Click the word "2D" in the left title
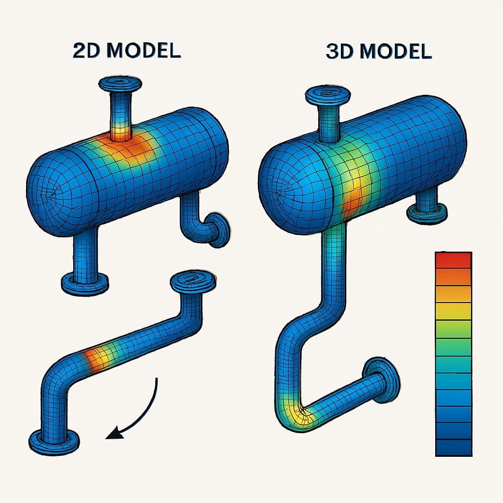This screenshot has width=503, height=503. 88,51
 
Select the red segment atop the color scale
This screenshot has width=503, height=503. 453,260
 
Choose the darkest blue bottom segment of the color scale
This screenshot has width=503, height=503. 453,447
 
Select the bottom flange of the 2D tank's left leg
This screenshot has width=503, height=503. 84,283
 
